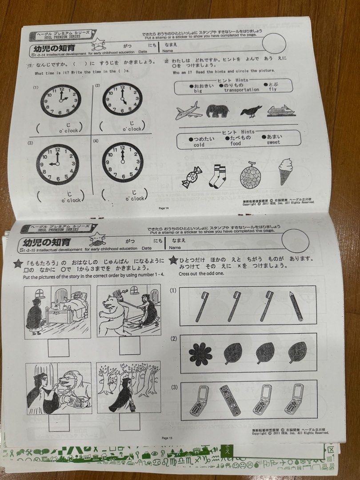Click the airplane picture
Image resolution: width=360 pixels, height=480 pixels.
[x=188, y=111]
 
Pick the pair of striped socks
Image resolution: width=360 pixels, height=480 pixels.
[x=218, y=176]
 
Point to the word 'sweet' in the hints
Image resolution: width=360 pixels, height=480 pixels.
[x=273, y=143]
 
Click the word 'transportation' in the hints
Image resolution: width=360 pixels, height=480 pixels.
[x=241, y=90]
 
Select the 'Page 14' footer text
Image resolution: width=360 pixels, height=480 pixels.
[x=164, y=208]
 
